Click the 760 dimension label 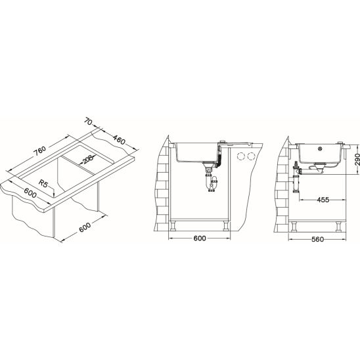39,150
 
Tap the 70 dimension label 88,122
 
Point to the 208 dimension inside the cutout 87,159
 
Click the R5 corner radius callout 43,183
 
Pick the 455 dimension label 323,200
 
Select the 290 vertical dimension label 357,160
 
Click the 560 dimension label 317,240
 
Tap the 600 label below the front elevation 200,238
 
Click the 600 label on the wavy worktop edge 30,193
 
